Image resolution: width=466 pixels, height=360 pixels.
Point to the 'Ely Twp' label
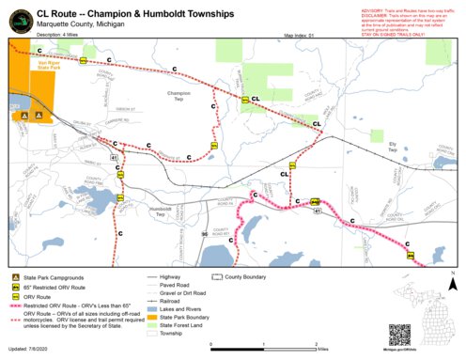point(392,148)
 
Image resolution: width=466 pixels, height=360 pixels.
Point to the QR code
point(399,336)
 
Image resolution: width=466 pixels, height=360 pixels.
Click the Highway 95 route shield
point(202,232)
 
